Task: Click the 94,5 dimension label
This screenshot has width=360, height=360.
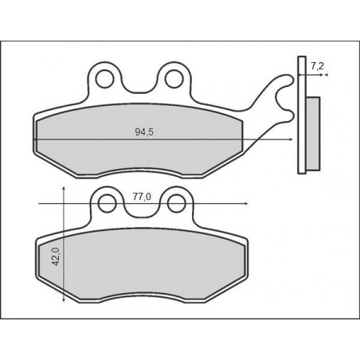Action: pyautogui.click(x=144, y=132)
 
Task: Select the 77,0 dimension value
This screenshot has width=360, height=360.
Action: pyautogui.click(x=142, y=197)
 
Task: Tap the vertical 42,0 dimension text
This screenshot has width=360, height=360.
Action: pyautogui.click(x=57, y=256)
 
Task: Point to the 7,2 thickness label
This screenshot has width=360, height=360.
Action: pyautogui.click(x=317, y=66)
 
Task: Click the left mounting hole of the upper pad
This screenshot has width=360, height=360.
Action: pyautogui.click(x=105, y=79)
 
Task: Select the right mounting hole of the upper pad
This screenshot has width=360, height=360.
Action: pyautogui.click(x=174, y=79)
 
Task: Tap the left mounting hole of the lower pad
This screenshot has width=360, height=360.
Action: pyautogui.click(x=108, y=203)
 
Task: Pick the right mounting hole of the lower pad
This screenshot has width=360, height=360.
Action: pyautogui.click(x=177, y=203)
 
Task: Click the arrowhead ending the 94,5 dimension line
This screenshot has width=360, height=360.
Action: pyautogui.click(x=291, y=139)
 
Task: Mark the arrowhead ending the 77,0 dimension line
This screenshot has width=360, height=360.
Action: pyautogui.click(x=246, y=204)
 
